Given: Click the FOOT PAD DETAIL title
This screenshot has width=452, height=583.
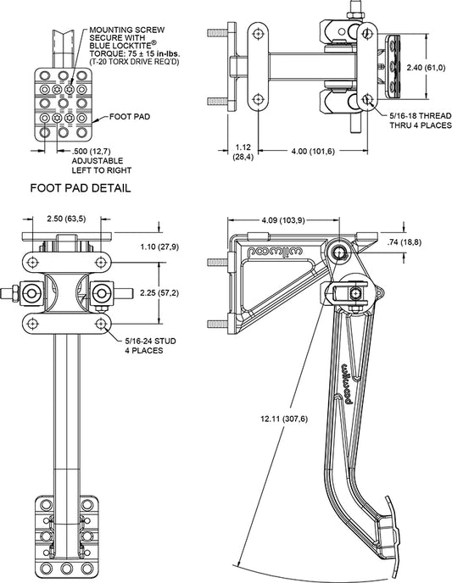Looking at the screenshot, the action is click(81, 188).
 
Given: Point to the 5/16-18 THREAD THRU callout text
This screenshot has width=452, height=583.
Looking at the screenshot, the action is click(421, 120).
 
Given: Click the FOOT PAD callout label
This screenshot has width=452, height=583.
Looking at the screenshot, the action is click(130, 117).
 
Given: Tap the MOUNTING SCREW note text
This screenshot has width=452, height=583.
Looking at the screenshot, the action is click(134, 46).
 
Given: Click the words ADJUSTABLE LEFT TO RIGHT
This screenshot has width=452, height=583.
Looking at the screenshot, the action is click(102, 165).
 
